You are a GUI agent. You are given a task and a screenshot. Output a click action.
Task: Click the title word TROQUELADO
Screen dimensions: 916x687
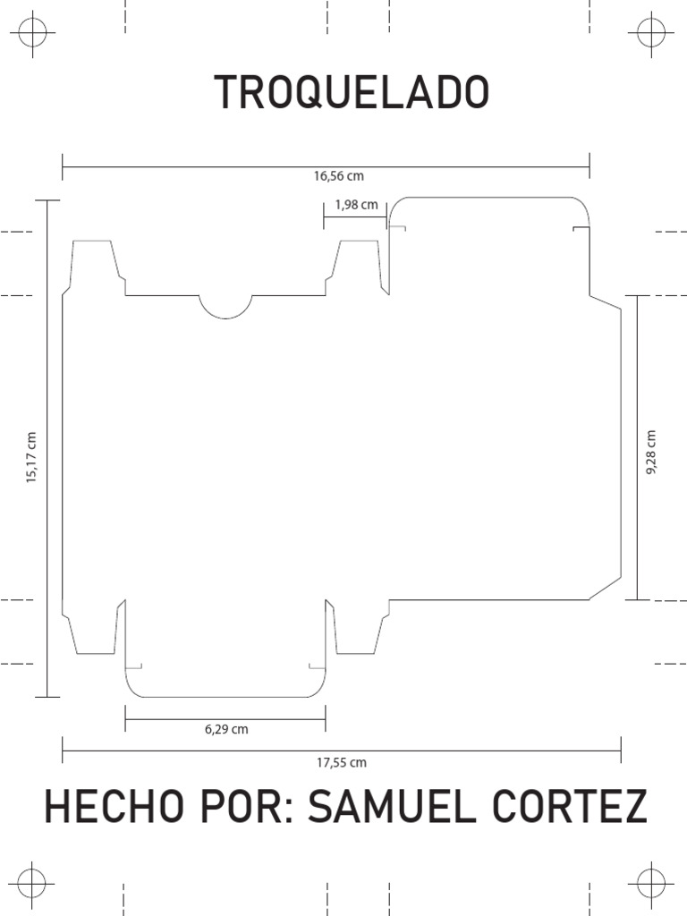pos(352,93)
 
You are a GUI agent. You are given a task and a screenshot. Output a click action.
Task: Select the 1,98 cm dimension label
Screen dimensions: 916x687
pos(356,205)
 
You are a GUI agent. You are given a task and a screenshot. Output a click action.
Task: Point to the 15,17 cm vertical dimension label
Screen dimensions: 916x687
pos(32,458)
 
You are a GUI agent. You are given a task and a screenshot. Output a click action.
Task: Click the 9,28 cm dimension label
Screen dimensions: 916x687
pos(650,453)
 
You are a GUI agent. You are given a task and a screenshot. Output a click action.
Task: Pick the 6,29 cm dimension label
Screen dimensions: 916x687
pos(226,729)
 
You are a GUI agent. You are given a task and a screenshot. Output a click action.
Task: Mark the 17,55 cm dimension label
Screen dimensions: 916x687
pos(342,763)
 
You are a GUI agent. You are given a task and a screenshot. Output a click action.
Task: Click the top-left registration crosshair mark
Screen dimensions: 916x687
pos(33,33)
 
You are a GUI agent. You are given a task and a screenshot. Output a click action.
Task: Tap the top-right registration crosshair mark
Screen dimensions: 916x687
pos(650,33)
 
